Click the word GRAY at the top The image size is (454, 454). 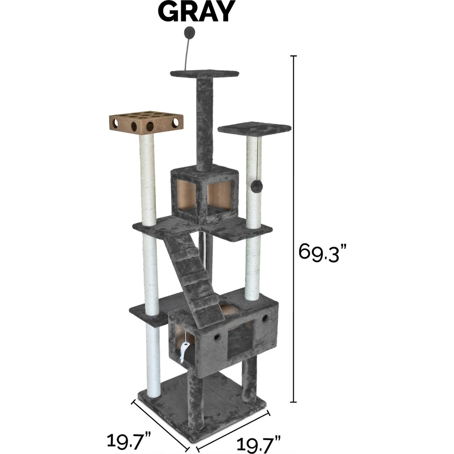pos(196,12)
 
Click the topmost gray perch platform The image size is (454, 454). pos(205,74)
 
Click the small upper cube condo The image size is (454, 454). pos(204,194)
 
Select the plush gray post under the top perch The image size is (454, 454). pos(205,121)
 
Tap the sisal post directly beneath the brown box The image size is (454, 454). pos(149,179)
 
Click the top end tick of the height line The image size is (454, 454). pos(293,56)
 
